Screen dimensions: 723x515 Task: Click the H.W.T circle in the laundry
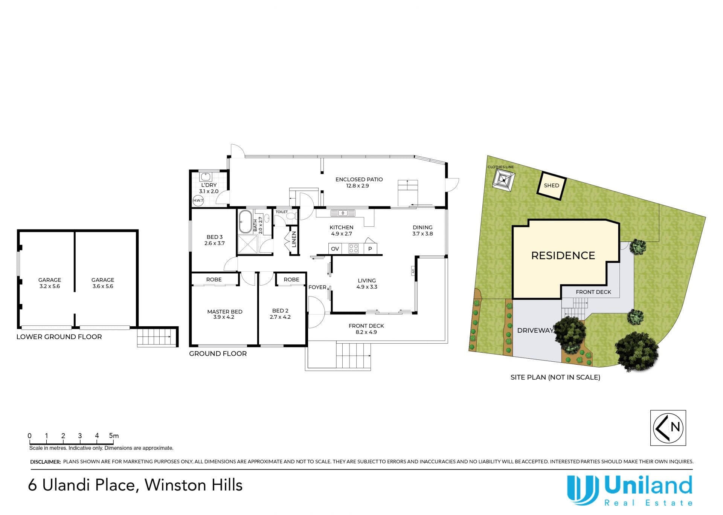pos(198,200)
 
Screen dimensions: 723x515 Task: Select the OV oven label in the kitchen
pos(335,249)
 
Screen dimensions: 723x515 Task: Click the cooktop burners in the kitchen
pos(353,249)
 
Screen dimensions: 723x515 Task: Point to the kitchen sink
pos(343,213)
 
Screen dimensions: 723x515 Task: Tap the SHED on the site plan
pos(551,186)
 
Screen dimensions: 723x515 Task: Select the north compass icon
pos(668,428)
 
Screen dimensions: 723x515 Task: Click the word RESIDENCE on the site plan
pos(563,255)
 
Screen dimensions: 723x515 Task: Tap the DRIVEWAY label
pos(535,330)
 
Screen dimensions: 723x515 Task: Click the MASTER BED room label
pos(225,312)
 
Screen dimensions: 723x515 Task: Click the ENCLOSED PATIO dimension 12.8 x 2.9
pos(357,186)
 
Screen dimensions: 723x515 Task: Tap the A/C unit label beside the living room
pos(413,270)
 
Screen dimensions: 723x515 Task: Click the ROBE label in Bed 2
pos(291,280)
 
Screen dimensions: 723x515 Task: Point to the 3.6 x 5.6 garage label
pos(103,286)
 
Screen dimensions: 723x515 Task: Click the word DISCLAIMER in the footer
pos(45,462)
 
